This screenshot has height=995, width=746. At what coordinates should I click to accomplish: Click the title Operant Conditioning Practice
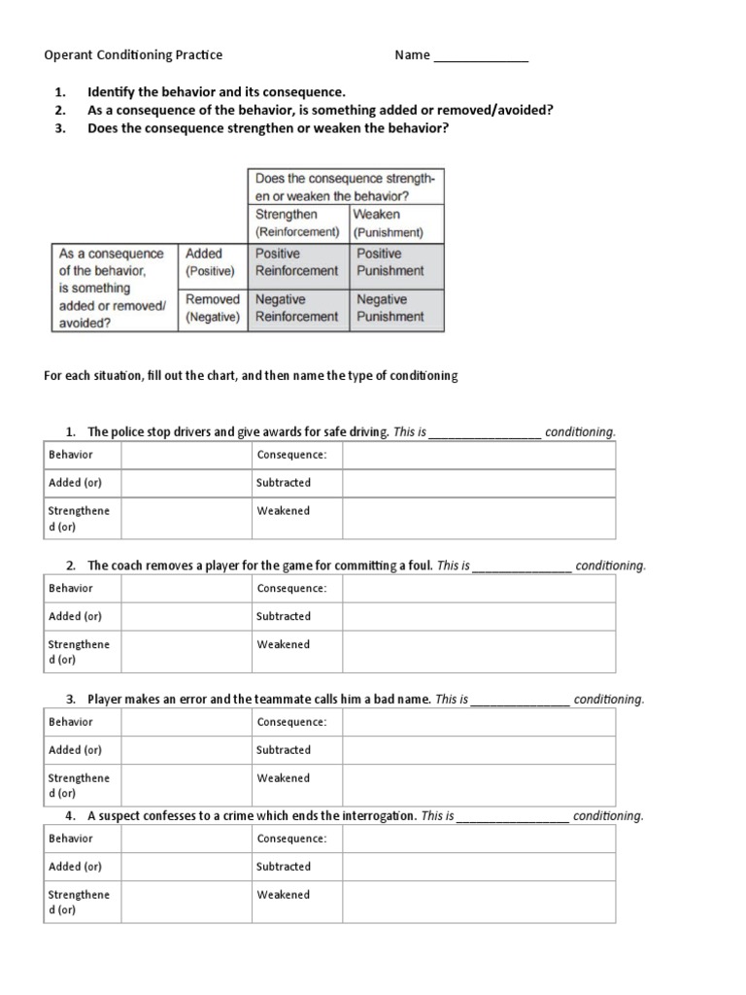click(x=133, y=55)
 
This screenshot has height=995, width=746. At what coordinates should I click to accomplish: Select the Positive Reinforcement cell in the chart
click(x=296, y=262)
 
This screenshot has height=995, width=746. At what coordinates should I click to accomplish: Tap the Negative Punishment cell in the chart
click(x=390, y=308)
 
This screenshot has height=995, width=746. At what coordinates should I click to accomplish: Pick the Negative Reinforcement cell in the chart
click(x=296, y=308)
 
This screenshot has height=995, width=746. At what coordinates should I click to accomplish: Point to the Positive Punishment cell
click(x=390, y=262)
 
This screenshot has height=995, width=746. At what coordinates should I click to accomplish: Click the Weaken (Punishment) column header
click(x=389, y=223)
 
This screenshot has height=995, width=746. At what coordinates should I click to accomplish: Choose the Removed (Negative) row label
click(x=213, y=308)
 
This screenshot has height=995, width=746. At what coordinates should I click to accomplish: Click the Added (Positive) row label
click(x=211, y=262)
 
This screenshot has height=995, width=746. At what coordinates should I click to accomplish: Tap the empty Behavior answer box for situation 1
click(x=186, y=455)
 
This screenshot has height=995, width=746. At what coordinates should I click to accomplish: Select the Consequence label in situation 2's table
click(x=291, y=588)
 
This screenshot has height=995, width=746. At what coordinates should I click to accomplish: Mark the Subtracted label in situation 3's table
click(x=284, y=750)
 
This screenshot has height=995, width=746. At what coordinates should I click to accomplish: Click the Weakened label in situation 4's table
click(x=283, y=895)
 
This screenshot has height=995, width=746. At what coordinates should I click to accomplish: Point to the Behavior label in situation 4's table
click(x=71, y=839)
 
